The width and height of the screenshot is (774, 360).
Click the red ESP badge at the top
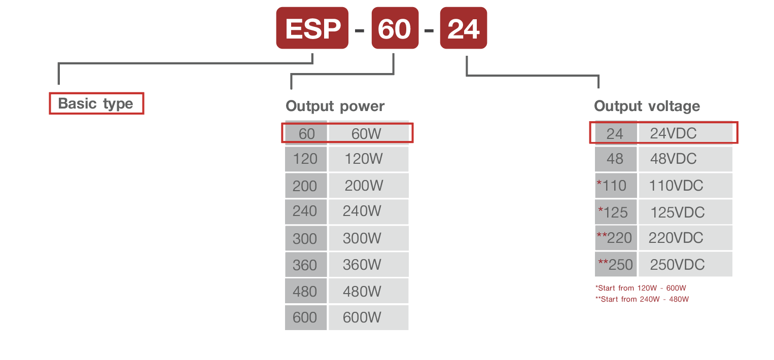[312, 28]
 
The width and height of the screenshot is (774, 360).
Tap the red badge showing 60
[395, 28]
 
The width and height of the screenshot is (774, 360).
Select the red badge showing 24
[463, 28]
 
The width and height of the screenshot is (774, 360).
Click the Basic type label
[96, 103]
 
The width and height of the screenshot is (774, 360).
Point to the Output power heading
[335, 106]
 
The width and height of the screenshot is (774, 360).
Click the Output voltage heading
[647, 106]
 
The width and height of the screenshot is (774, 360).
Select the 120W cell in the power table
[368, 159]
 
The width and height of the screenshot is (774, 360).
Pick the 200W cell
[368, 186]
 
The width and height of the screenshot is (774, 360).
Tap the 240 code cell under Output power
[305, 211]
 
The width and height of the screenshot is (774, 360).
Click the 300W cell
[368, 238]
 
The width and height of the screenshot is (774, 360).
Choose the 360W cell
[368, 265]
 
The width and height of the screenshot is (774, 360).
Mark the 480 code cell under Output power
[305, 292]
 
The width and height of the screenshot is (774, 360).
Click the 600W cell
[368, 317]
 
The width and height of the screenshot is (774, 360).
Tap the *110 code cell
[615, 186]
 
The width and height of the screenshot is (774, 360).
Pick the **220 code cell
[615, 238]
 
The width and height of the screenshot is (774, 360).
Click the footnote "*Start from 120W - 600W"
[641, 288]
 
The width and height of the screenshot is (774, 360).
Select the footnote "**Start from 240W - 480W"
[642, 299]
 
